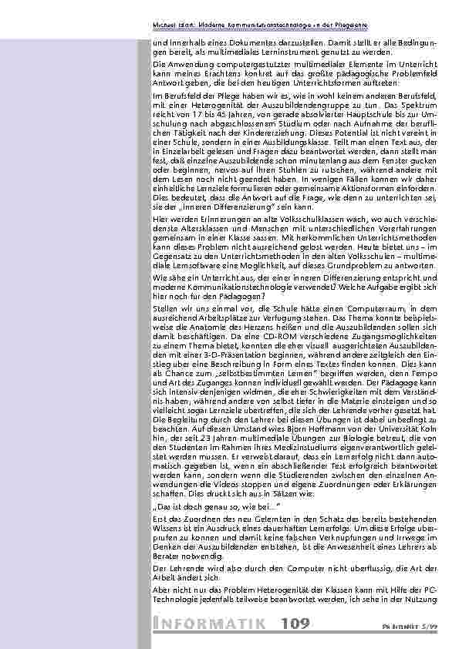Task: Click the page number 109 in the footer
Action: [x=295, y=624]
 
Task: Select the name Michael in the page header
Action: [x=166, y=25]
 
